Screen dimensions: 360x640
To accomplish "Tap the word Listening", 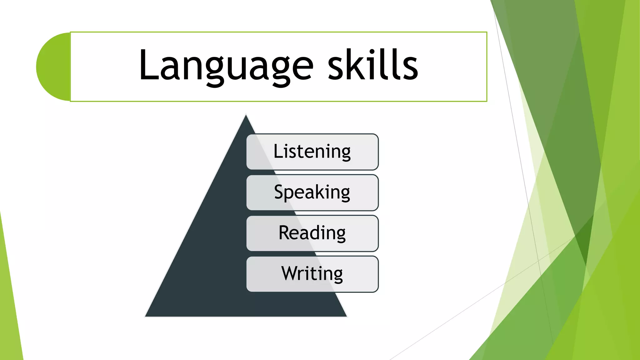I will pyautogui.click(x=312, y=152).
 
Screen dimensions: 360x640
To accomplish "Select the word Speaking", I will pyautogui.click(x=312, y=192).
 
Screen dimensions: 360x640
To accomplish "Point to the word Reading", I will pyautogui.click(x=312, y=233).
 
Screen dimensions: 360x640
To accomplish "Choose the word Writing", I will pyautogui.click(x=312, y=273).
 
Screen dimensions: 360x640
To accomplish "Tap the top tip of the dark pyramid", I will pyautogui.click(x=246, y=116).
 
